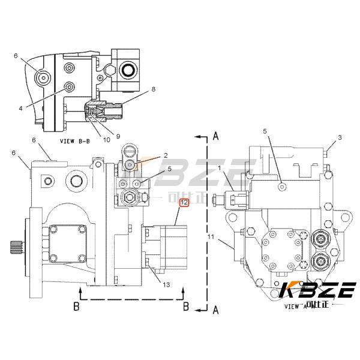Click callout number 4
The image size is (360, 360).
20,108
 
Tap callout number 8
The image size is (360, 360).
153,89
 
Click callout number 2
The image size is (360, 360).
165,156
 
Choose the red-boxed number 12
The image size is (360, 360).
184,203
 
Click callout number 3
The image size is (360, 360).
340,138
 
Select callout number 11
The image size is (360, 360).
210,238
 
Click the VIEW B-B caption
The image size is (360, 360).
74,141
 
